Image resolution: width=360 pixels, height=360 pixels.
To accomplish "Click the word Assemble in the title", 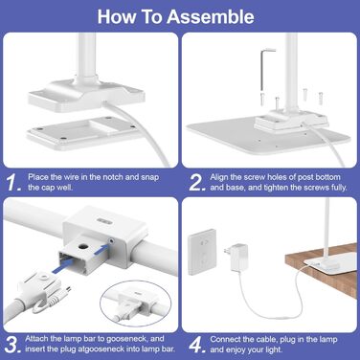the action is pos(211,16).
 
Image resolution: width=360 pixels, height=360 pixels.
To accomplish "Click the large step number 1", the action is pos(14,182).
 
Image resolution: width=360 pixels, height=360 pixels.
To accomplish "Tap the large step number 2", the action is pos(197,183).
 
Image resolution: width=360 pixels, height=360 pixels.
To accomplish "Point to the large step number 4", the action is pos(197,345).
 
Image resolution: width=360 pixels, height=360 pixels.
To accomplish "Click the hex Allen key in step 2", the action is pos(264,69).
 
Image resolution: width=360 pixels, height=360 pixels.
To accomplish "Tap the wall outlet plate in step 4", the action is pos(201,252).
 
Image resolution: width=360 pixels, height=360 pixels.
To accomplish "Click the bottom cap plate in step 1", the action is pos(82,133).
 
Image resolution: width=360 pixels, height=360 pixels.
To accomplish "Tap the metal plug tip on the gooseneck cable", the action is pos(66,292).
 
